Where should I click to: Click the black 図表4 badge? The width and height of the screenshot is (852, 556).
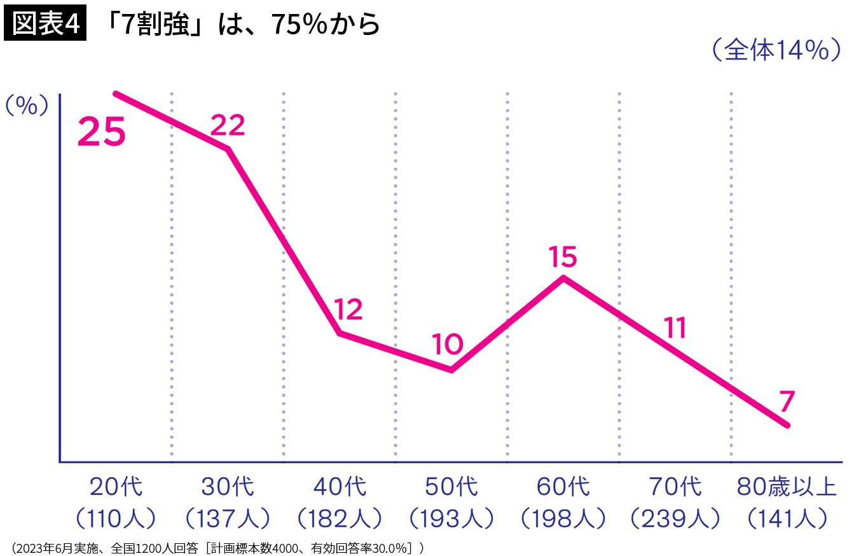[45, 23]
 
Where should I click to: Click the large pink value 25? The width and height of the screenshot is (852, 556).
[101, 132]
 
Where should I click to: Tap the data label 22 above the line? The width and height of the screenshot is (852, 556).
[227, 125]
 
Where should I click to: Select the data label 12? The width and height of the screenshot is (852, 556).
[348, 309]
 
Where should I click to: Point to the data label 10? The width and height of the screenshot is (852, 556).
[448, 344]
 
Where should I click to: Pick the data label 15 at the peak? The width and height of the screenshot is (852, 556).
[563, 256]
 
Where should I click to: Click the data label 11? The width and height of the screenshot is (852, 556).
[675, 327]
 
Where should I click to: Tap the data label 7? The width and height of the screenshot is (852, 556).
[787, 401]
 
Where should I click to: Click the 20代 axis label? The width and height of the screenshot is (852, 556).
[116, 487]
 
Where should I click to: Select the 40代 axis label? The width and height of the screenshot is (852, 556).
[340, 487]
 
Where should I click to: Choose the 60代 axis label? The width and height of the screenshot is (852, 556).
[563, 487]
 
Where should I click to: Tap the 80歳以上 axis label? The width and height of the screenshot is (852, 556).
[787, 487]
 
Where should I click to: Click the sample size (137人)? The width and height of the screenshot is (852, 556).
[228, 518]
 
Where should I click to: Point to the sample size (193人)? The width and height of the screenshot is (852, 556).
[451, 518]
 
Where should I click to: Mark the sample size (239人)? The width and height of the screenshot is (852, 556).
[675, 518]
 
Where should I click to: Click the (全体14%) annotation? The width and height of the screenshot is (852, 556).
[776, 50]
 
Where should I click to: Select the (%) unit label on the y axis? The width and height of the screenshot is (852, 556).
[27, 106]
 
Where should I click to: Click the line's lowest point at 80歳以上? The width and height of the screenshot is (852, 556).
[787, 425]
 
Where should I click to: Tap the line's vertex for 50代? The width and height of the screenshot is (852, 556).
[451, 370]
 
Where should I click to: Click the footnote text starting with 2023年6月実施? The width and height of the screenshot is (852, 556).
[217, 548]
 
